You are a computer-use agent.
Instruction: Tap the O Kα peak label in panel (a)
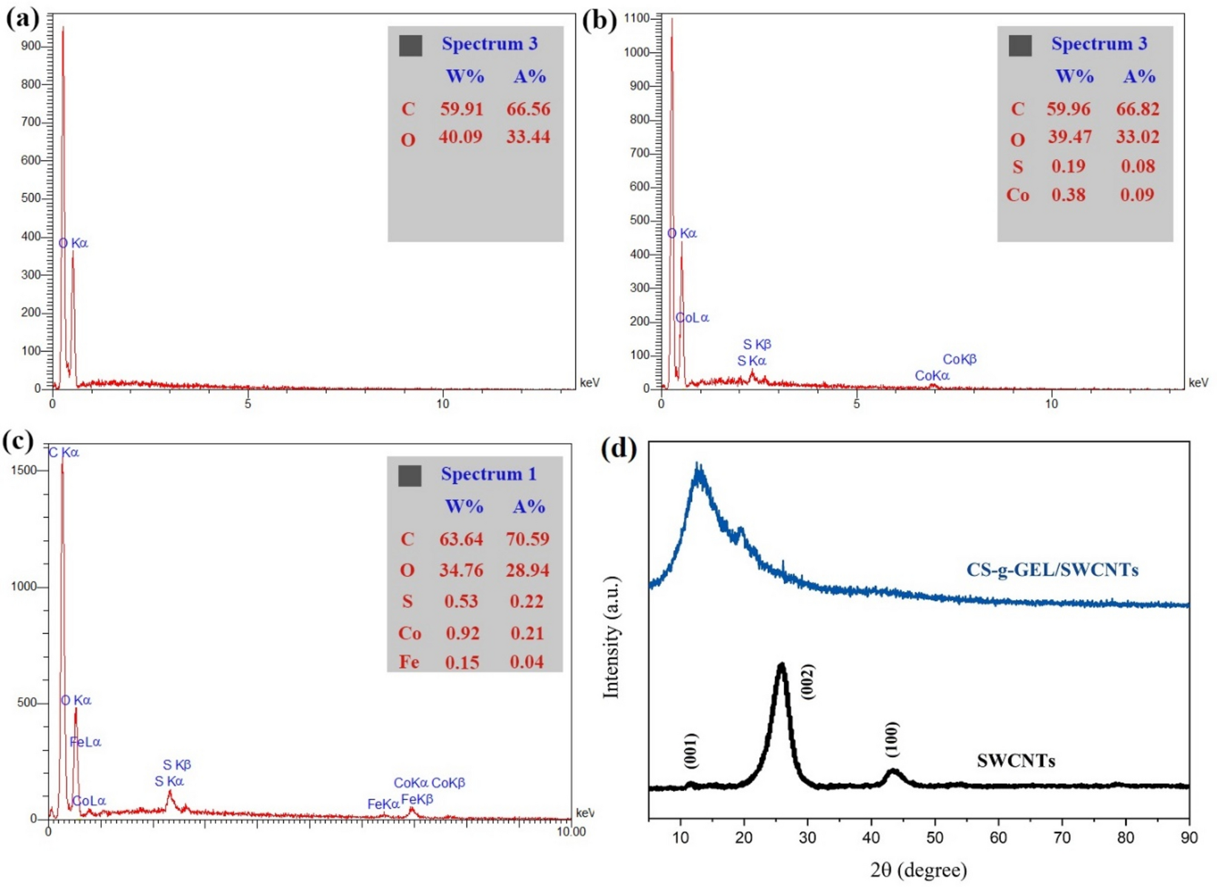tap(73, 243)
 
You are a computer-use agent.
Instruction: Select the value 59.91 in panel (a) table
tap(461, 109)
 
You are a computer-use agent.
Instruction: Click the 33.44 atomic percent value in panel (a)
tap(528, 137)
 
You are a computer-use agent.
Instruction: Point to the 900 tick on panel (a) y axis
tap(31, 46)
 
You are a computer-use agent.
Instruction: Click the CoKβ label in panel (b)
tap(959, 360)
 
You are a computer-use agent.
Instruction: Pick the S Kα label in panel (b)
tap(751, 361)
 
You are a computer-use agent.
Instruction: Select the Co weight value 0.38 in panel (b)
tap(1068, 195)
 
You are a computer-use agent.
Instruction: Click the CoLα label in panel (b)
tap(692, 318)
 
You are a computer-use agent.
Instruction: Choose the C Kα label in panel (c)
tap(64, 452)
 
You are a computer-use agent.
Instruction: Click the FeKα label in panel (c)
tap(383, 804)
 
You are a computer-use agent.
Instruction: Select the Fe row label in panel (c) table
tap(409, 662)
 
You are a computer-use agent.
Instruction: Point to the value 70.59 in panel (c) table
tap(528, 539)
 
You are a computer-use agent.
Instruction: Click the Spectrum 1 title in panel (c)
tap(488, 474)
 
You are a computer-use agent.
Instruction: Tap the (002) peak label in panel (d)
tap(808, 682)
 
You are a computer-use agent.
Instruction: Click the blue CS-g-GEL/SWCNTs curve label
tap(1052, 570)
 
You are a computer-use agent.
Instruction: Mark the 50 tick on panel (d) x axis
tap(934, 838)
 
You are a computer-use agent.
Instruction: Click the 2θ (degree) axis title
tap(919, 870)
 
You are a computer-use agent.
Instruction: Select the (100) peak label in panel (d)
tap(892, 739)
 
